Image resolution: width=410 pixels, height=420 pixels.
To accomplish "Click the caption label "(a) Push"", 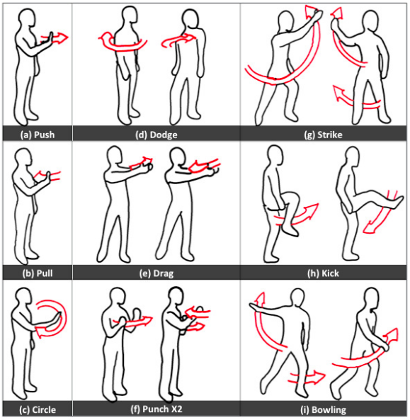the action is (38, 135).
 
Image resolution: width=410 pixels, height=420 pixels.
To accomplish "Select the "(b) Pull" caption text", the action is (38, 273).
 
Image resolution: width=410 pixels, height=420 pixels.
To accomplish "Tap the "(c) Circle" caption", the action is (38, 410).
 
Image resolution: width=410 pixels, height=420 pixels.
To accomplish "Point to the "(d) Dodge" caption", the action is (156, 135).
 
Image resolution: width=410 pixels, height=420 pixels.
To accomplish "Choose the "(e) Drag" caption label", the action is (156, 273).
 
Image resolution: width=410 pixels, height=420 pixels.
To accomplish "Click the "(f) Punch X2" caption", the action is (156, 409).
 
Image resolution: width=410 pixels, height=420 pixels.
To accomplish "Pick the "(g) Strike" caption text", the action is (323, 135).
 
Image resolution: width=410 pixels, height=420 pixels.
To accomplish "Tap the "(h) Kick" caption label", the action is (323, 273).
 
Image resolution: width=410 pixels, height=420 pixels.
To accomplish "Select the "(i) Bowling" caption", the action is (323, 410).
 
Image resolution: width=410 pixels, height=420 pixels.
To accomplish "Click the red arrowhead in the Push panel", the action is (62, 38).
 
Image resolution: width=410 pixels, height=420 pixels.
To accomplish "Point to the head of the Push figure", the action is (27, 18).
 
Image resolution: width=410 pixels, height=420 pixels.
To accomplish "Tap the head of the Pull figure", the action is (23, 159).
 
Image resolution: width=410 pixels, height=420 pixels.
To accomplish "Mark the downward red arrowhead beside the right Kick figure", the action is (369, 228).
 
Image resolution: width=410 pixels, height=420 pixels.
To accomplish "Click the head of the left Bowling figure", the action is (298, 297).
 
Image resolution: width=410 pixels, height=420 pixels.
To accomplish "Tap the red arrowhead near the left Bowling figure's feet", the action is (319, 377).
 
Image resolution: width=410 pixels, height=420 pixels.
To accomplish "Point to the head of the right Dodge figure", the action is (190, 18).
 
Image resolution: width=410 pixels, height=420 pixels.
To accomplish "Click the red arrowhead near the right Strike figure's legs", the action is (338, 93).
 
